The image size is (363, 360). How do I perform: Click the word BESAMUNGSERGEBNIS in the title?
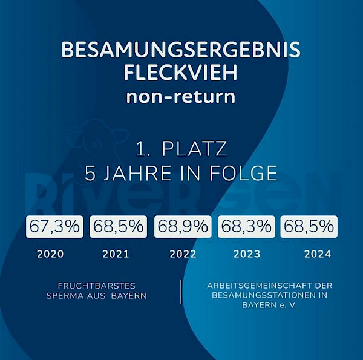181,50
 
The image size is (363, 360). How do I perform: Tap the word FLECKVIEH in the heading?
181,73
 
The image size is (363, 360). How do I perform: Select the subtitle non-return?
181,97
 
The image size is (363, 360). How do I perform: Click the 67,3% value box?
54,227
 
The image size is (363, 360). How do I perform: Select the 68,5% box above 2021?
117,227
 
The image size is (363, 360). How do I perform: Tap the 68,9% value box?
183,227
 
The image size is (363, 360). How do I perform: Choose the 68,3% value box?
246,227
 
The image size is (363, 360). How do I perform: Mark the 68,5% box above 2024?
309,227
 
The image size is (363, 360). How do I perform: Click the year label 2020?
50,254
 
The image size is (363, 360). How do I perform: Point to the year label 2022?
183,254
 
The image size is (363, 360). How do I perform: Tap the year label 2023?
247,254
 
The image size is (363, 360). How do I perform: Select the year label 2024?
318,254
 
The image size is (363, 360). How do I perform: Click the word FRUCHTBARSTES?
97,286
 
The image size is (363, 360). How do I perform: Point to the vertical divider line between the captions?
181,292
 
